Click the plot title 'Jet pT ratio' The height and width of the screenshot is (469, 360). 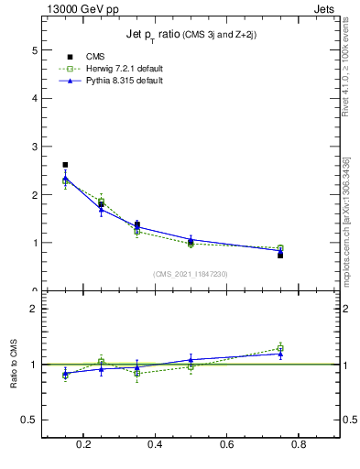click(190, 35)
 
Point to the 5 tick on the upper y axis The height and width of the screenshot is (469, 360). click(35, 49)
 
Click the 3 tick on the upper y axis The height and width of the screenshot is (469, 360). click(35, 147)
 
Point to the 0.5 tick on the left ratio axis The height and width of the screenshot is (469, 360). click(29, 420)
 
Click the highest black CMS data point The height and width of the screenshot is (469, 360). click(65, 165)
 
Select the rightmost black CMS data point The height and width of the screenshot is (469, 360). click(280, 255)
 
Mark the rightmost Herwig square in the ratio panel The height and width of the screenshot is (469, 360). click(280, 348)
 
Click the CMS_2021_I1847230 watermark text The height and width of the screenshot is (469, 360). click(190, 273)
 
